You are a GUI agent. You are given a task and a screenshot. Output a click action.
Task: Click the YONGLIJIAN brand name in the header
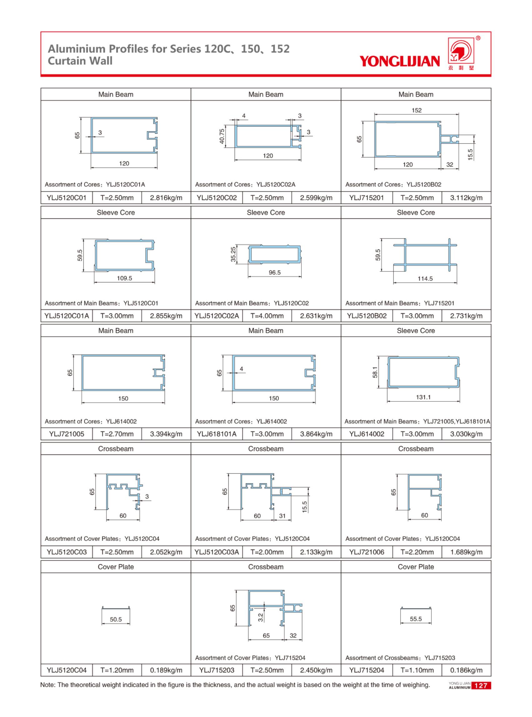[399, 61]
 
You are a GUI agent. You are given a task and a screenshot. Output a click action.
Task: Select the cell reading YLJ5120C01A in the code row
[66, 316]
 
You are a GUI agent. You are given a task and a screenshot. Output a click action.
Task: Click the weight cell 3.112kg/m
[466, 198]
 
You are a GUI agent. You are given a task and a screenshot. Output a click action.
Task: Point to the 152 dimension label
[416, 110]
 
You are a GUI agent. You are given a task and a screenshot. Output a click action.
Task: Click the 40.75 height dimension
[222, 136]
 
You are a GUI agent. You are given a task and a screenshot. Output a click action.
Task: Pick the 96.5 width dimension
[275, 272]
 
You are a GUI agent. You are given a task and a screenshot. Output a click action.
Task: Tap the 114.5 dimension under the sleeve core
[425, 279]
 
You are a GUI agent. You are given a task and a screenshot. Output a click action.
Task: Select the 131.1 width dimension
[423, 397]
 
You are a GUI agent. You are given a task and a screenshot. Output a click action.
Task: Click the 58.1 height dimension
[375, 373]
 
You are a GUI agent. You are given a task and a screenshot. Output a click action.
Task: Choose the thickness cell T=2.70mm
[117, 434]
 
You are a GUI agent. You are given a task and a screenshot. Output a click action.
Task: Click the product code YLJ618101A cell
[216, 434]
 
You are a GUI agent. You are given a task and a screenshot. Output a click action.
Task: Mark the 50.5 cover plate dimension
[116, 620]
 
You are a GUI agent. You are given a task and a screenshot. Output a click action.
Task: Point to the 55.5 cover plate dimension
[416, 619]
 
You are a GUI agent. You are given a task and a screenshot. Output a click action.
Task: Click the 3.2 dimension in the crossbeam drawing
[261, 617]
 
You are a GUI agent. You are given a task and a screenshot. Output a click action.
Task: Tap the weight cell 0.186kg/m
[466, 670]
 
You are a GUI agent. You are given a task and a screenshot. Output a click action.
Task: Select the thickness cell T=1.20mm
[117, 670]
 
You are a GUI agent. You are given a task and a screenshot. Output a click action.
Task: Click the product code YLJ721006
[366, 552]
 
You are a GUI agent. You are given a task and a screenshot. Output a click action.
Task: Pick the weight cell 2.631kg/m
[316, 316]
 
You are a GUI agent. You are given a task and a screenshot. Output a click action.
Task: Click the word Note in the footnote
[47, 685]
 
